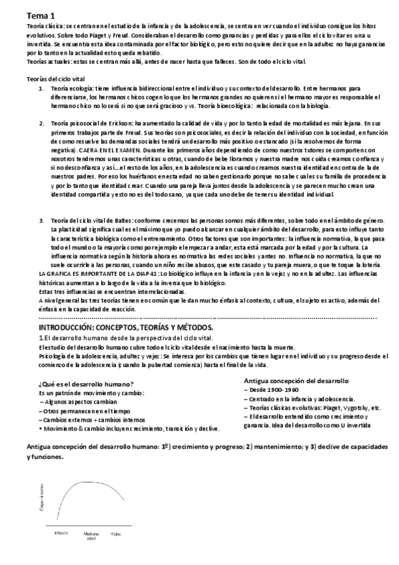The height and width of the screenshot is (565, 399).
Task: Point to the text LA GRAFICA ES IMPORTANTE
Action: [67, 275]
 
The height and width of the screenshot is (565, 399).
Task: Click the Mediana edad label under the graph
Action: [92, 535]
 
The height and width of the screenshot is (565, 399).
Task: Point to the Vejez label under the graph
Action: [116, 532]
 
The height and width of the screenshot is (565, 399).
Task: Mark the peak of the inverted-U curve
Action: [89, 481]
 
